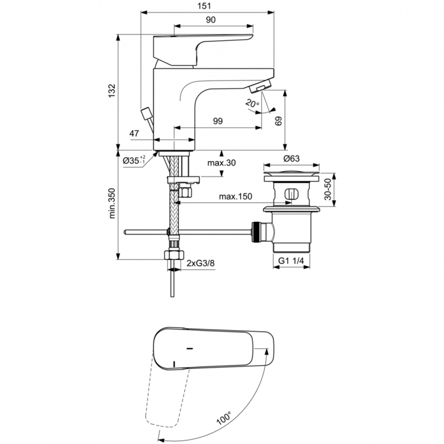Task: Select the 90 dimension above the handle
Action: tap(210, 19)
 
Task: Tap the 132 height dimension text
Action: tap(111, 90)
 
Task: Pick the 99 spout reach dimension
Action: tap(217, 121)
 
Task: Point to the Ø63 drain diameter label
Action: tap(290, 159)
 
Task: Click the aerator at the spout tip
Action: tap(261, 88)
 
